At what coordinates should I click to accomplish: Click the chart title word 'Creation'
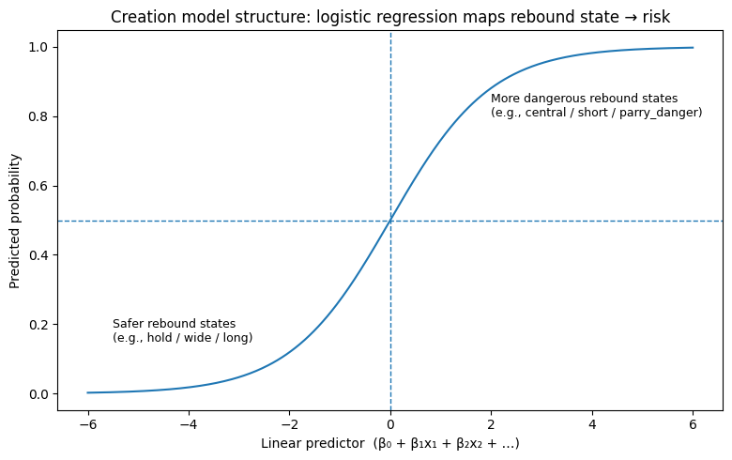(x=140, y=17)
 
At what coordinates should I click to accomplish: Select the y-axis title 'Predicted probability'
(x=15, y=221)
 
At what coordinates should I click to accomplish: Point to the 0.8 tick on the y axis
(x=42, y=117)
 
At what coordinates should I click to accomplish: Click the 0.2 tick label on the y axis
(x=42, y=325)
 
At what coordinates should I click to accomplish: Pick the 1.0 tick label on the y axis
(x=42, y=48)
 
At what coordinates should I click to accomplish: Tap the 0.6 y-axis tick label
(x=42, y=186)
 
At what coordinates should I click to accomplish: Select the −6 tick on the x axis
(x=87, y=423)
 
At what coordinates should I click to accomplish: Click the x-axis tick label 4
(x=592, y=423)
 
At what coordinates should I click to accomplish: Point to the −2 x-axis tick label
(x=289, y=423)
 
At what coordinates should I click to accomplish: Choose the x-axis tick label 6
(x=693, y=423)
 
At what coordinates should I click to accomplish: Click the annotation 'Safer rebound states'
(x=174, y=324)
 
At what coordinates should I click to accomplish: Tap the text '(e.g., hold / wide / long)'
(x=182, y=338)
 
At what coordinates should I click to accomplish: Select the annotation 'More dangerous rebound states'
(x=584, y=99)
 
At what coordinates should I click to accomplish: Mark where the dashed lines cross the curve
(x=390, y=221)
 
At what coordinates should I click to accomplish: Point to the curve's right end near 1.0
(x=693, y=48)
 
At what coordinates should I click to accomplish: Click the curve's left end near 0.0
(x=88, y=392)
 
